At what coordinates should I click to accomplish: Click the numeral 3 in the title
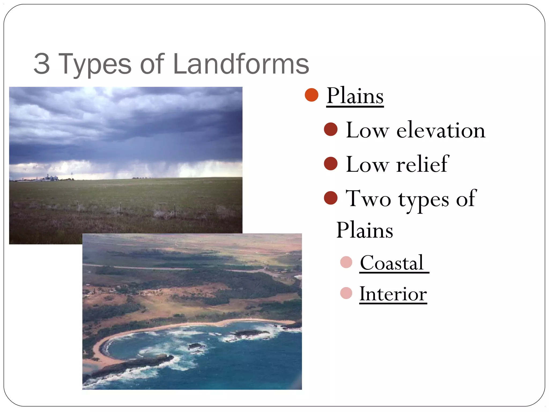click(x=42, y=64)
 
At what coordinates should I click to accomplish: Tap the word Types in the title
click(x=94, y=64)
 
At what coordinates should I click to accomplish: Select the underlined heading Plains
click(x=355, y=96)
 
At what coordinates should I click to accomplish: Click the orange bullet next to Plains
click(x=311, y=95)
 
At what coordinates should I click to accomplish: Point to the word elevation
click(x=441, y=130)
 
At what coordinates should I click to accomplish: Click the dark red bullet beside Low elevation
click(x=331, y=129)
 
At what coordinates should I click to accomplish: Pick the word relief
click(x=422, y=164)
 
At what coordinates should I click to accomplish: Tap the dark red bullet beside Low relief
click(x=331, y=164)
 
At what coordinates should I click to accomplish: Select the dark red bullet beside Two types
click(x=331, y=198)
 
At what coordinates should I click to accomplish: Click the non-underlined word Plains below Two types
click(x=365, y=230)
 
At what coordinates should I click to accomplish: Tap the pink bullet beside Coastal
click(x=346, y=262)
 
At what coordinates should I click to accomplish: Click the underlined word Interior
click(x=393, y=294)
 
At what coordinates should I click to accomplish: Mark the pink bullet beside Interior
click(x=346, y=293)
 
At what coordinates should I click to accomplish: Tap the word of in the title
click(x=152, y=64)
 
